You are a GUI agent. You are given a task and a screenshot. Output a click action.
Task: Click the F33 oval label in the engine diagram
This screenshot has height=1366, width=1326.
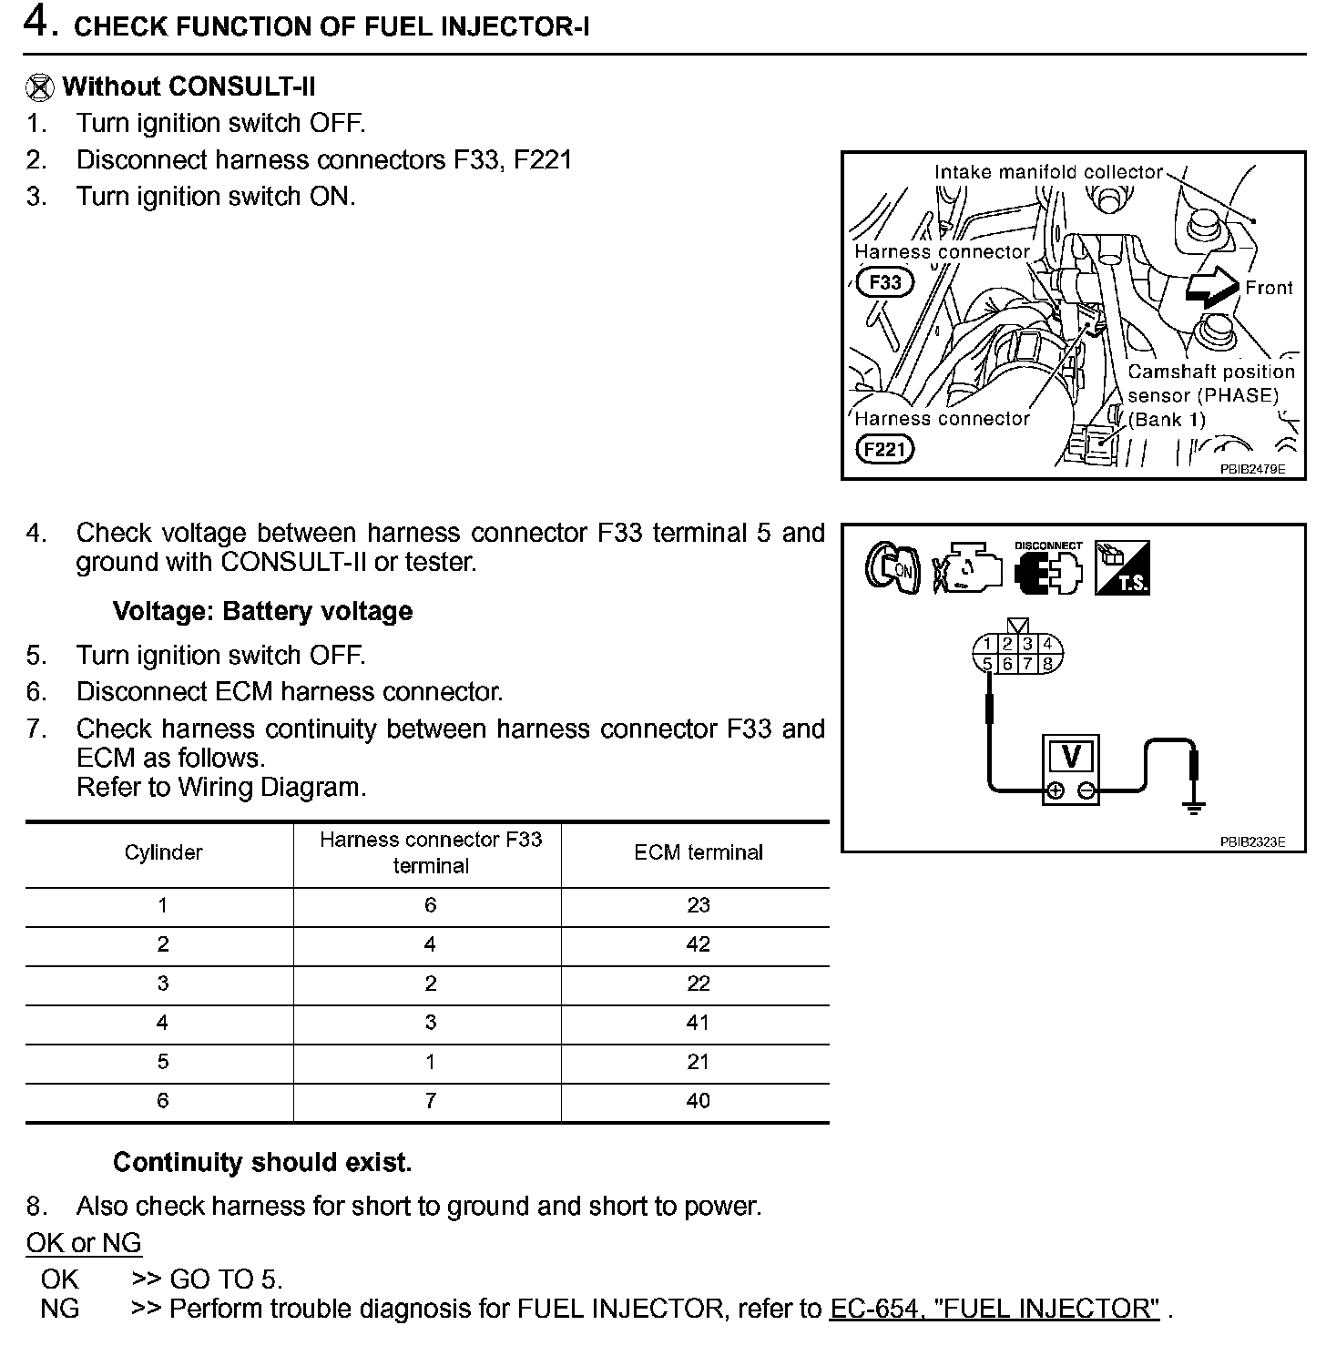884,282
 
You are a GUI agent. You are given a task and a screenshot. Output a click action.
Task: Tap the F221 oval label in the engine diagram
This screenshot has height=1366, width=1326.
885,449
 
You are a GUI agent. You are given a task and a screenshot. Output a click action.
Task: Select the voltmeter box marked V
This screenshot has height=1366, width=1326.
1071,758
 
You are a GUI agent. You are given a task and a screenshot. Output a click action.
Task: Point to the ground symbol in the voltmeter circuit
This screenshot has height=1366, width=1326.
1195,805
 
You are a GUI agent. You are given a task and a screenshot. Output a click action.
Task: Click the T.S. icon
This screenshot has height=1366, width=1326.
1123,567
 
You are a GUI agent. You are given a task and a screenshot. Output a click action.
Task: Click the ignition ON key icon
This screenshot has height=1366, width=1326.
891,567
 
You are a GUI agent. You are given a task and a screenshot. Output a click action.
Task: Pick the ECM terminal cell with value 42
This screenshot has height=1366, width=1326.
698,945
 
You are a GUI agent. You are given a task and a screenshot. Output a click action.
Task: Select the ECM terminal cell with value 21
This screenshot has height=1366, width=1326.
698,1063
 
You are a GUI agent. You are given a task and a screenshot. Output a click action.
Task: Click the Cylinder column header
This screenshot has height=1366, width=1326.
163,852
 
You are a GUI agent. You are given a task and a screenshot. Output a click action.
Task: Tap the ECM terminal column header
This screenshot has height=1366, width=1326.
698,852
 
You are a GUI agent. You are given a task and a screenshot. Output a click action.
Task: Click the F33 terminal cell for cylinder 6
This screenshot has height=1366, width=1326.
430,1101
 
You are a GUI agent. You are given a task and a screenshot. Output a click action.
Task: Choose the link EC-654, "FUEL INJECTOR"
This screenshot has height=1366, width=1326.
994,1309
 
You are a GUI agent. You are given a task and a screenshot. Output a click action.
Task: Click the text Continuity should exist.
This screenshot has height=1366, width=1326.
262,1162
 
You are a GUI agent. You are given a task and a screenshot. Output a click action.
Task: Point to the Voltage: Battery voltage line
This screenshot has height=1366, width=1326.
262,611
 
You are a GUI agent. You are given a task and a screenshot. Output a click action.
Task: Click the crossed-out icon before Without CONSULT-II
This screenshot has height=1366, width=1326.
39,87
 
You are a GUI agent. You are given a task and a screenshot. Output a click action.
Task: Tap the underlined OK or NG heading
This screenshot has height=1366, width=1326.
84,1243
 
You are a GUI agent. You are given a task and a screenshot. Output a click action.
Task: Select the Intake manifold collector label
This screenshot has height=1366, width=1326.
1048,172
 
